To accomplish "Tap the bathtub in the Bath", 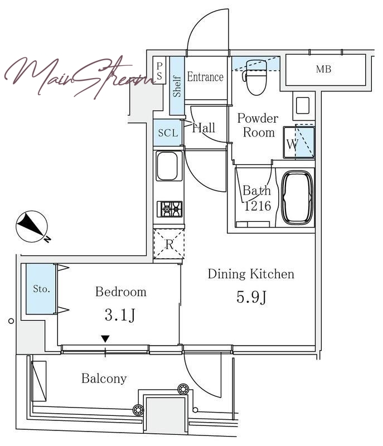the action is pyautogui.click(x=297, y=198).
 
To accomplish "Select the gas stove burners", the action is pyautogui.click(x=169, y=209).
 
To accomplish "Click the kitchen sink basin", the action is pyautogui.click(x=169, y=166).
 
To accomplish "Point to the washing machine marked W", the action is pyautogui.click(x=299, y=143).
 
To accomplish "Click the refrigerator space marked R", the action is pyautogui.click(x=169, y=244).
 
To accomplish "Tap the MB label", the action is pyautogui.click(x=323, y=69).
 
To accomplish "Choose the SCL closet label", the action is pyautogui.click(x=168, y=133).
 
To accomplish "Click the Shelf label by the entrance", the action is pyautogui.click(x=177, y=86).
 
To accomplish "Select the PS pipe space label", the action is pyautogui.click(x=159, y=71).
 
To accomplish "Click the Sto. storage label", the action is pyautogui.click(x=41, y=289).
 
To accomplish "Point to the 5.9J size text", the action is pyautogui.click(x=251, y=297).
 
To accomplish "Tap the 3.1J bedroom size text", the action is pyautogui.click(x=120, y=315).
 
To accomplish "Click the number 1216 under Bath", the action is pyautogui.click(x=258, y=206).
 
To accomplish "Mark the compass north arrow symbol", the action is pyautogui.click(x=32, y=227).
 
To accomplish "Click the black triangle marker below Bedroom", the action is pyautogui.click(x=105, y=339).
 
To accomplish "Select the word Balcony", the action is pyautogui.click(x=104, y=379).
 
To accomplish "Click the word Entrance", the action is pyautogui.click(x=205, y=77).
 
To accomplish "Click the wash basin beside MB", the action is pyautogui.click(x=303, y=105).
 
